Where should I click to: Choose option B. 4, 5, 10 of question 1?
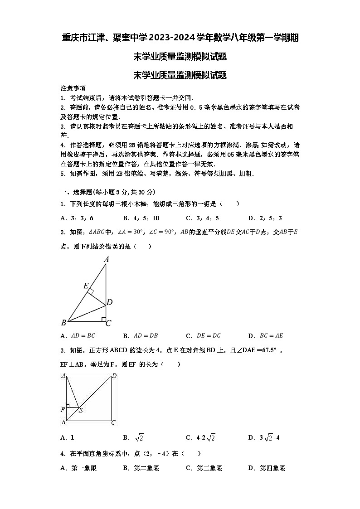pyautogui.click(x=141, y=218)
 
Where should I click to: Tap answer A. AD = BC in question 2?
pyautogui.click(x=78, y=336)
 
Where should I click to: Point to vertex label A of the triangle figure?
pyautogui.click(x=107, y=260)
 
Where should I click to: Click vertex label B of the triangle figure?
pyautogui.click(x=63, y=323)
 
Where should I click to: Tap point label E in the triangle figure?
pyautogui.click(x=86, y=286)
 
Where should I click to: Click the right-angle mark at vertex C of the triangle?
pyautogui.click(x=103, y=319)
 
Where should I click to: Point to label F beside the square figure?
pyautogui.click(x=63, y=410)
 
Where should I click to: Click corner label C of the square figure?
pyautogui.click(x=113, y=422)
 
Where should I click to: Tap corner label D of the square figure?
pyautogui.click(x=114, y=376)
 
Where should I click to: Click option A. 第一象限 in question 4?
pyautogui.click(x=78, y=468)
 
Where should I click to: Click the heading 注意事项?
pyautogui.click(x=73, y=88)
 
